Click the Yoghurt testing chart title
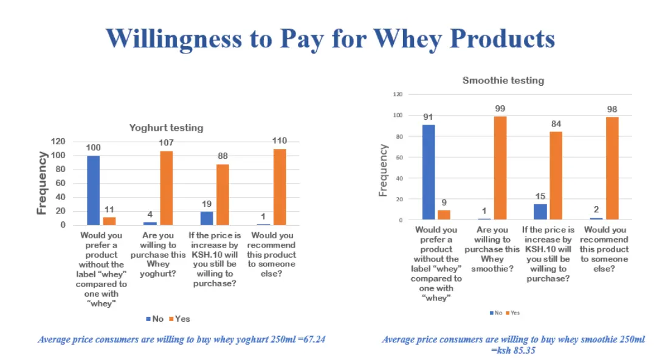[x=166, y=128]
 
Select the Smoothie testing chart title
[x=503, y=80]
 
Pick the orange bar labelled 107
[x=166, y=188]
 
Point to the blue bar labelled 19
[x=207, y=218]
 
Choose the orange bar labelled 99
[x=500, y=168]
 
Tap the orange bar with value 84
[x=556, y=176]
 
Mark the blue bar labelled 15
[x=540, y=212]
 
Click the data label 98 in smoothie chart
[x=612, y=109]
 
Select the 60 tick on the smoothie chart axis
[x=399, y=157]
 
